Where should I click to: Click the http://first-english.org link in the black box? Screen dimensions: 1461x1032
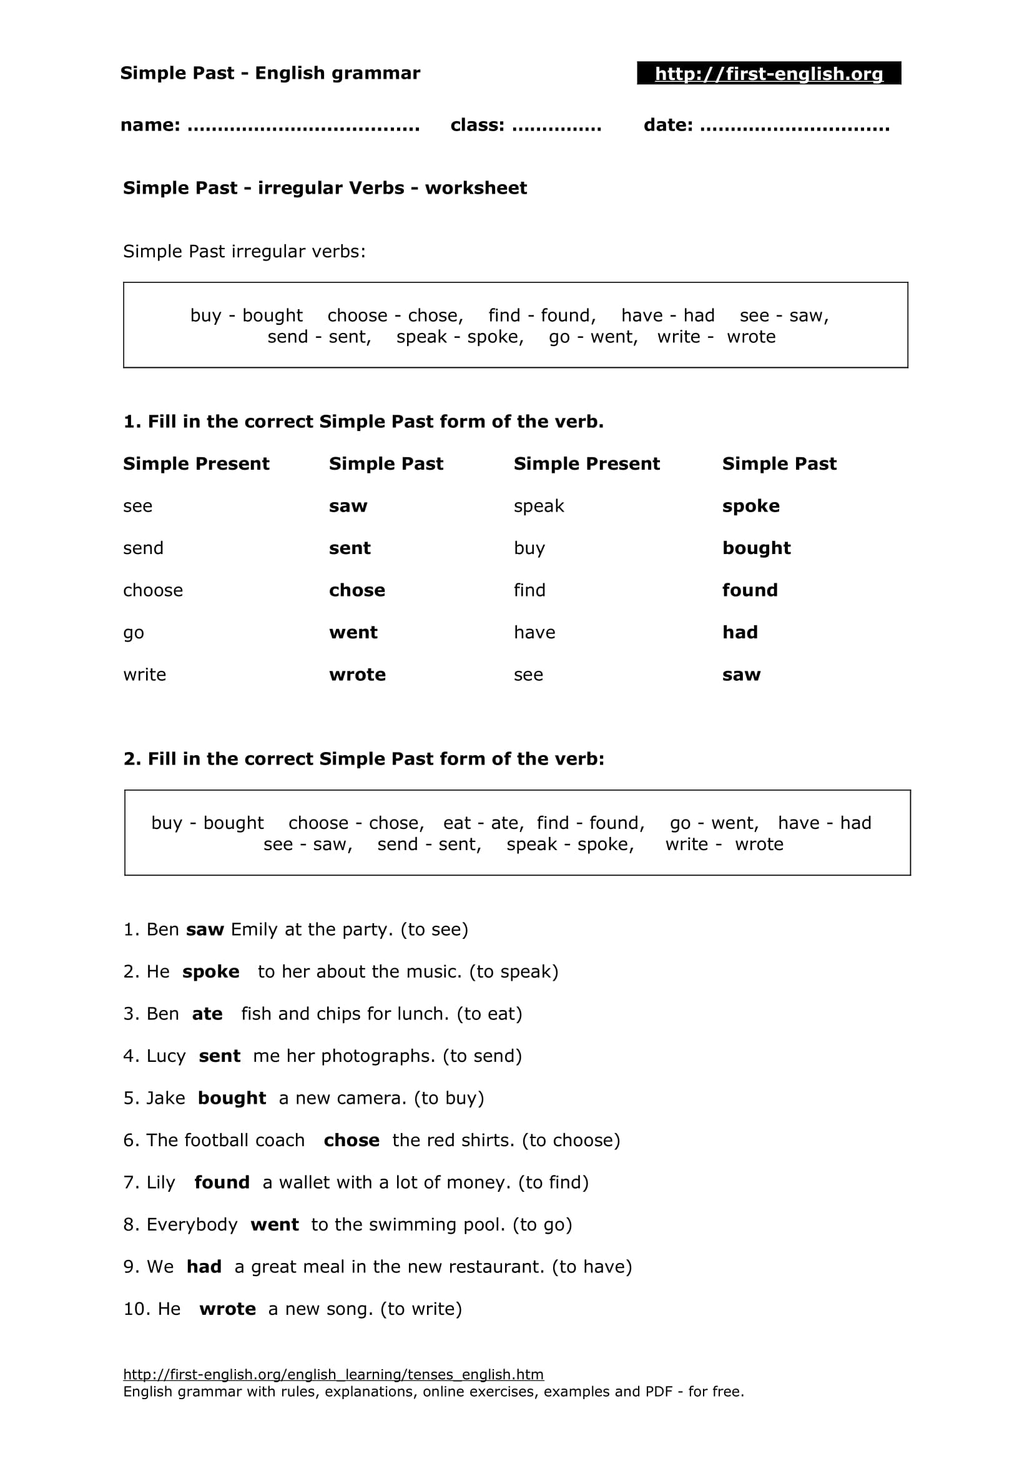point(768,74)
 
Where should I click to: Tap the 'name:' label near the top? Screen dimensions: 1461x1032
point(150,125)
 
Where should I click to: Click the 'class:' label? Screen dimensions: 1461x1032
point(477,125)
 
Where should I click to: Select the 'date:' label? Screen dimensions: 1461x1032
point(667,125)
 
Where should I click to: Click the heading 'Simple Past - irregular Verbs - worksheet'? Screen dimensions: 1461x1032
point(324,188)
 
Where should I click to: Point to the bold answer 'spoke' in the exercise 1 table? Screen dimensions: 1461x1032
point(750,506)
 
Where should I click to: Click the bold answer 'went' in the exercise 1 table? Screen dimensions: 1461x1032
point(353,633)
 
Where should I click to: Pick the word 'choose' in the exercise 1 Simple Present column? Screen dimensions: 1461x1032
point(152,590)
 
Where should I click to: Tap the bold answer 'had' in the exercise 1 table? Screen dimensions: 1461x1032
point(739,633)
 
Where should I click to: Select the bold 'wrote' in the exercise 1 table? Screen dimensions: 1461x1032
point(356,675)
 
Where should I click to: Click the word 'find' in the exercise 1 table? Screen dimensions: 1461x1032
point(529,590)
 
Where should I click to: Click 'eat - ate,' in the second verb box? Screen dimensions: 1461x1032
point(483,823)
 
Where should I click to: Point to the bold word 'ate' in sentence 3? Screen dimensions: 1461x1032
point(207,1014)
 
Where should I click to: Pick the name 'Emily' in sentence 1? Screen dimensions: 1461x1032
point(254,929)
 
